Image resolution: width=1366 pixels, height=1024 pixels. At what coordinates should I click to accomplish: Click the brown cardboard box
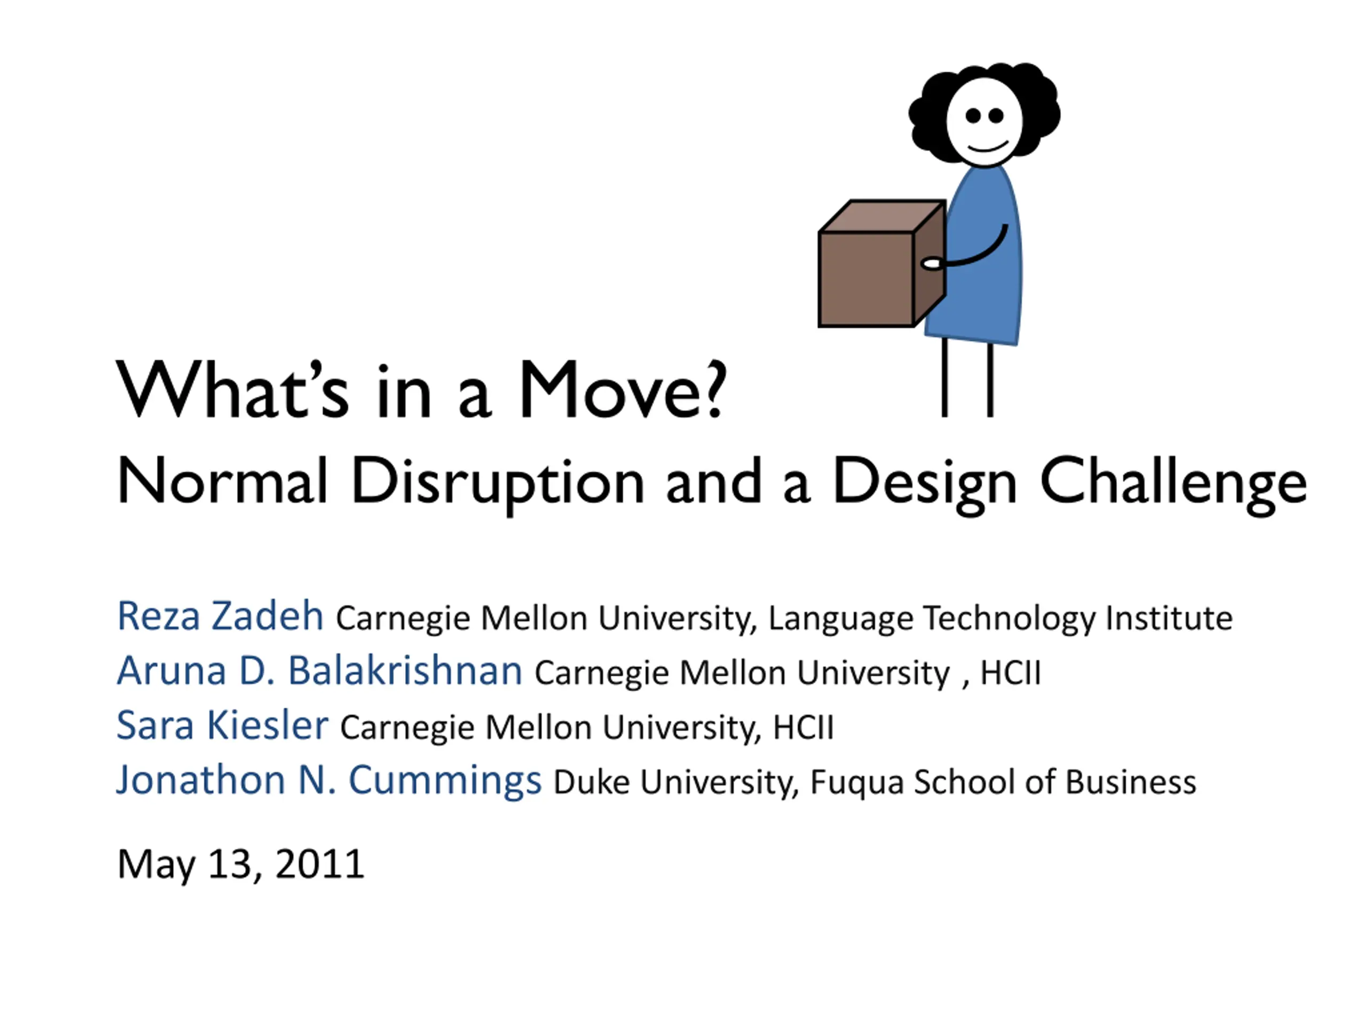point(882,263)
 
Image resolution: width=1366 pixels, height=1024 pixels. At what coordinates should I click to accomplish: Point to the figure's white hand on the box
point(931,263)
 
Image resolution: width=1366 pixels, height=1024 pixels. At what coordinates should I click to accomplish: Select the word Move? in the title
point(623,389)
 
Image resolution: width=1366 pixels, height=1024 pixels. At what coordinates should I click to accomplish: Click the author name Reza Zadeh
point(220,615)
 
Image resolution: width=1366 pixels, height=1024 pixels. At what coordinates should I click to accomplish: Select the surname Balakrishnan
point(405,670)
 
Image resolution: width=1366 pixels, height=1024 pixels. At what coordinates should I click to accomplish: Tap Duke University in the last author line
point(672,782)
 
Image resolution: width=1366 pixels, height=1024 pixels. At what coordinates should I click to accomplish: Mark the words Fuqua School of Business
point(1003,782)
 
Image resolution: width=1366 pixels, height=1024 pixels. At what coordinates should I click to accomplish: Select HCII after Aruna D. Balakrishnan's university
point(1010,673)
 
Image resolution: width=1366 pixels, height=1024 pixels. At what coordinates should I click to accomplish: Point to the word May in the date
point(156,866)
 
